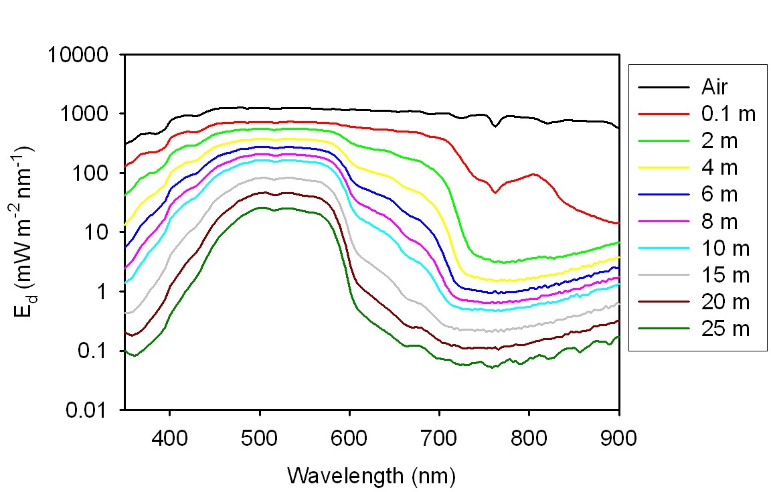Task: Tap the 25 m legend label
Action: pyautogui.click(x=725, y=329)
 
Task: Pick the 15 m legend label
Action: pyautogui.click(x=725, y=275)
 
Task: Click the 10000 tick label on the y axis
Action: pyautogui.click(x=79, y=55)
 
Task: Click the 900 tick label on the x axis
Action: pyautogui.click(x=618, y=438)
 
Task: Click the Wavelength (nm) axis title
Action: pyautogui.click(x=371, y=476)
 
